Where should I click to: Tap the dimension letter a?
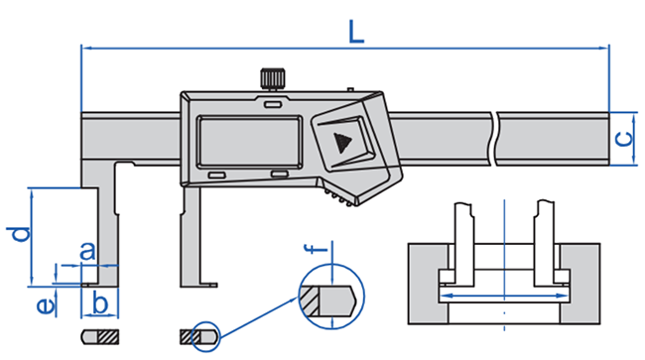86,251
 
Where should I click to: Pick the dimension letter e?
44,304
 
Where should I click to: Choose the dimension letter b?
99,300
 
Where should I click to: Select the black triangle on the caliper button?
341,142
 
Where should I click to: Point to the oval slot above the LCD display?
273,102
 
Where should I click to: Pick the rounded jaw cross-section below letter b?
99,334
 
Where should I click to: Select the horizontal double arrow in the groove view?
504,295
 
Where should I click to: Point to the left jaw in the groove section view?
461,243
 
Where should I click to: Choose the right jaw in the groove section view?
544,243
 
